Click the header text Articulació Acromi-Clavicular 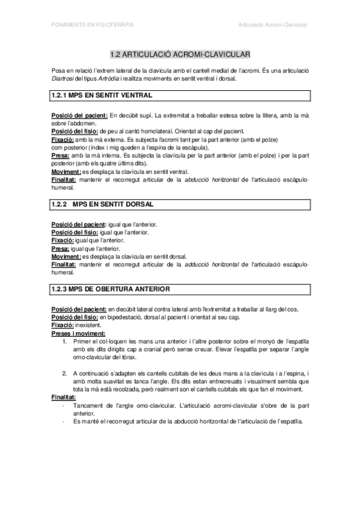pyautogui.click(x=272, y=25)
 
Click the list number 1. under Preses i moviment pyautogui.click(x=65, y=341)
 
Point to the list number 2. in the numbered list pyautogui.click(x=65, y=373)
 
